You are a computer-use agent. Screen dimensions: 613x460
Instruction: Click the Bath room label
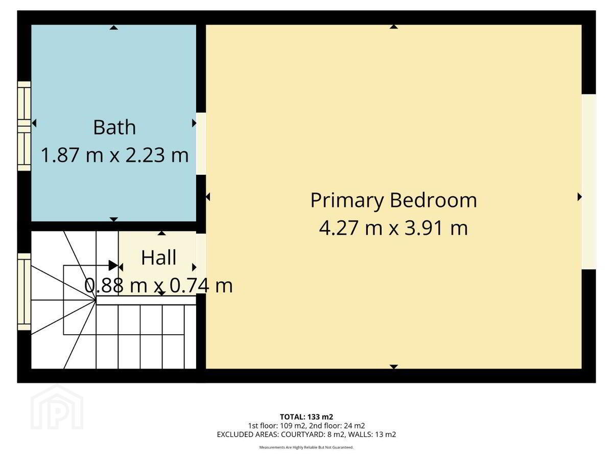click(114, 127)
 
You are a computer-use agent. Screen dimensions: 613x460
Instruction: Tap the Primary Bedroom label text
click(393, 201)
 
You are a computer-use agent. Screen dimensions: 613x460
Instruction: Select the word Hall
click(159, 258)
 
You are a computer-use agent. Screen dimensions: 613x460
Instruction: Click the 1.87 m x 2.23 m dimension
click(114, 155)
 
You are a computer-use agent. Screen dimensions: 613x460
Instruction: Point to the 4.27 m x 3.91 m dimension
click(393, 228)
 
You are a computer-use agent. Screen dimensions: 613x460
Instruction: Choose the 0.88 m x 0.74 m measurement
click(158, 286)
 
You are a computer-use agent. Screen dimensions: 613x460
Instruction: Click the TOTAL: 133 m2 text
click(306, 417)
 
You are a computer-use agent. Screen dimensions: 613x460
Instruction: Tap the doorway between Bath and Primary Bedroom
click(201, 144)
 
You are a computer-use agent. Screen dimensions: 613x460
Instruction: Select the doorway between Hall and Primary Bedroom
click(201, 264)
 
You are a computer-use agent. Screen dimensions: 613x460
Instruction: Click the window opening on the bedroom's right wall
click(588, 181)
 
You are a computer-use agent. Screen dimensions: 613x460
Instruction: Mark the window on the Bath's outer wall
click(25, 126)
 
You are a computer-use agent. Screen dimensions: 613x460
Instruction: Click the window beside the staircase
click(25, 292)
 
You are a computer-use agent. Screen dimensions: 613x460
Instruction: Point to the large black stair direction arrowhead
click(113, 265)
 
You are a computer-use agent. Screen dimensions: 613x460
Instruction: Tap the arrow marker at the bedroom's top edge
click(393, 27)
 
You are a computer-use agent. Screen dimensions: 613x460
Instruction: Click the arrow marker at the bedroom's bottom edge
click(393, 366)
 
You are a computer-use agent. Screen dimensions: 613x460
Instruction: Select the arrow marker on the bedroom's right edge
click(579, 197)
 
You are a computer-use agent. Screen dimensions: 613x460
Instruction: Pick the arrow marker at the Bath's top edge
click(113, 28)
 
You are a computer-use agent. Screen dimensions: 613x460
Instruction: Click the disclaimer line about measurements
click(306, 447)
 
